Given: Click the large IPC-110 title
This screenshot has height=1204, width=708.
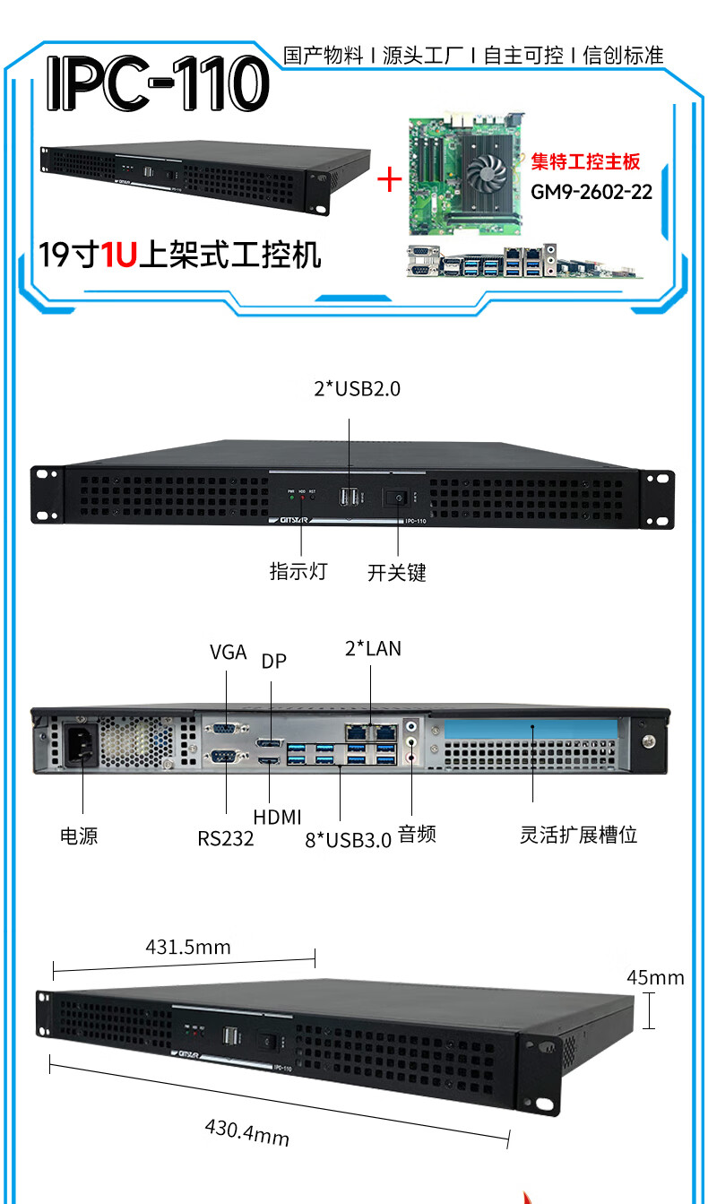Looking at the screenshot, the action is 158,84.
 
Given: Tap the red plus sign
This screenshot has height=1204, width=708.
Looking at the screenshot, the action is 389,179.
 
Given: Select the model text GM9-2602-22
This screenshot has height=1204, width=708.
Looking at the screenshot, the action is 591,192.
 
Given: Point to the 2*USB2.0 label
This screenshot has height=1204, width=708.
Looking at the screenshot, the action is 356,389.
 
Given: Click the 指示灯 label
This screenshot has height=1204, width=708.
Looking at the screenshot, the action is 298,571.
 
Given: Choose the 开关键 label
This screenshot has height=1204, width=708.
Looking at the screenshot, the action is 397,572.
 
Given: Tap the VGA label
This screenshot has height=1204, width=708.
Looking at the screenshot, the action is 228,653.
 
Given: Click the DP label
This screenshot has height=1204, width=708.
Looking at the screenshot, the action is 273,662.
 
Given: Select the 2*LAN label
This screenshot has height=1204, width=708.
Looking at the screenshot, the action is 373,648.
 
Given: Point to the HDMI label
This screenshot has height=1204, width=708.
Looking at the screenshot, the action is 277,817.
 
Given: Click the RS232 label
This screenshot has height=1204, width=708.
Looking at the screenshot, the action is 226,839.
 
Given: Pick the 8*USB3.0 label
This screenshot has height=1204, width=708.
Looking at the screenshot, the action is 349,840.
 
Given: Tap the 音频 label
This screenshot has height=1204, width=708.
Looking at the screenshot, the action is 417,835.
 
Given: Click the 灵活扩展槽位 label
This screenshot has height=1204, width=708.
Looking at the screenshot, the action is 578,835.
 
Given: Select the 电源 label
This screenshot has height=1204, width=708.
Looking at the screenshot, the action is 79,836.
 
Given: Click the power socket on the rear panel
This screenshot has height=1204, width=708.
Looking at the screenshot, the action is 78,743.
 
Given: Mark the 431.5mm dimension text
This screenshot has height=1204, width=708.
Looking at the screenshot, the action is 188,948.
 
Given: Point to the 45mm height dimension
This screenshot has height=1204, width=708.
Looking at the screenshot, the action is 655,977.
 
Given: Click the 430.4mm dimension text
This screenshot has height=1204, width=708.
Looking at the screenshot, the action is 247,1130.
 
